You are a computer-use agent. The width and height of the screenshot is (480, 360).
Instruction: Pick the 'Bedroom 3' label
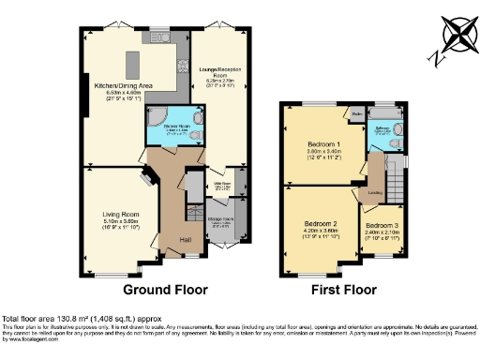[x=382, y=226]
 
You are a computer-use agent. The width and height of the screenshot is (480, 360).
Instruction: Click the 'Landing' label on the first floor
[x=375, y=195]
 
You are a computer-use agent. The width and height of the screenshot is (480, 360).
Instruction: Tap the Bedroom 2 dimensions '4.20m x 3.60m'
[x=320, y=231]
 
